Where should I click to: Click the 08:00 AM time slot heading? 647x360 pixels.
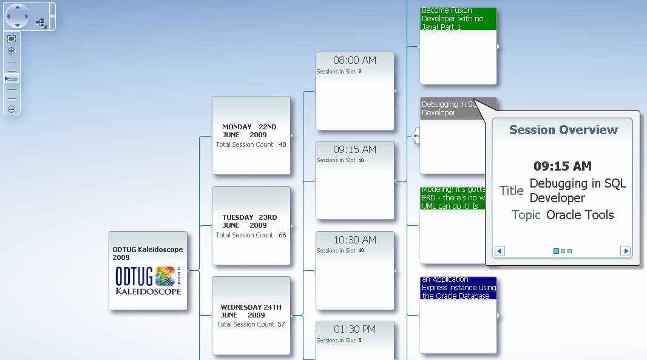pyautogui.click(x=355, y=61)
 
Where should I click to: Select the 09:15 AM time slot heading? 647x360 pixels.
pyautogui.click(x=355, y=149)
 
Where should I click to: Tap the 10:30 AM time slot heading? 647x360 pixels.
pyautogui.click(x=355, y=240)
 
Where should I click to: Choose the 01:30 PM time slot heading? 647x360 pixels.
pyautogui.click(x=355, y=329)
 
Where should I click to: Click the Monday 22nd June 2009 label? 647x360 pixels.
pyautogui.click(x=249, y=131)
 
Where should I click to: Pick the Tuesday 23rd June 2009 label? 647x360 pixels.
pyautogui.click(x=249, y=221)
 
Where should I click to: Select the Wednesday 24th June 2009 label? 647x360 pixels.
pyautogui.click(x=251, y=311)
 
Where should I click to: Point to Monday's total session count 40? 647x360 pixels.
pyautogui.click(x=283, y=144)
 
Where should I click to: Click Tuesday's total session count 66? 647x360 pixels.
pyautogui.click(x=283, y=235)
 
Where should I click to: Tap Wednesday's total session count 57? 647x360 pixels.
pyautogui.click(x=281, y=324)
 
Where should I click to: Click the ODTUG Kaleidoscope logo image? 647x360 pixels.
pyautogui.click(x=148, y=280)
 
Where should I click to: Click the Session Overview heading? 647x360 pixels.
pyautogui.click(x=563, y=130)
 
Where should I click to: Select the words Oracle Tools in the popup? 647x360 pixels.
pyautogui.click(x=580, y=215)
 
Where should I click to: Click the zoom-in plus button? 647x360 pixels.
pyautogui.click(x=12, y=51)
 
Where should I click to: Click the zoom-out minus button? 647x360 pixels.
pyautogui.click(x=12, y=109)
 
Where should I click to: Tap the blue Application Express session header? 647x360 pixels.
pyautogui.click(x=458, y=288)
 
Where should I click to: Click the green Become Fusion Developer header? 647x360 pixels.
pyautogui.click(x=458, y=19)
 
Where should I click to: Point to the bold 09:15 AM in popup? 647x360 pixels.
pyautogui.click(x=563, y=166)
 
